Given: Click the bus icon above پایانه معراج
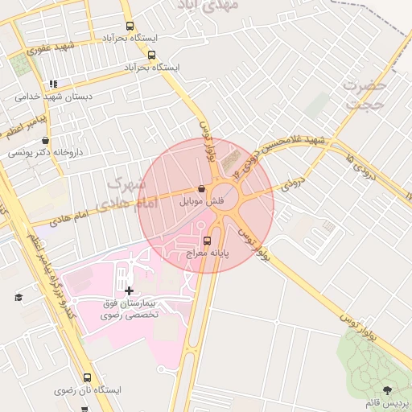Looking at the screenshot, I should [x=207, y=241].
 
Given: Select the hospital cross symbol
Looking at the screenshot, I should [x=130, y=290].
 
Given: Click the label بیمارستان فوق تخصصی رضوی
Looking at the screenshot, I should [x=130, y=310].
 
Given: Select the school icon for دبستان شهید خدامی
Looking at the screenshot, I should [x=53, y=83].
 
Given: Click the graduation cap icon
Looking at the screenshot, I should [x=18, y=297].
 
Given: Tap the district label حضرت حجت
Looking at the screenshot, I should [x=366, y=93].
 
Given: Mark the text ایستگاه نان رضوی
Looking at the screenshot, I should [x=88, y=390].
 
